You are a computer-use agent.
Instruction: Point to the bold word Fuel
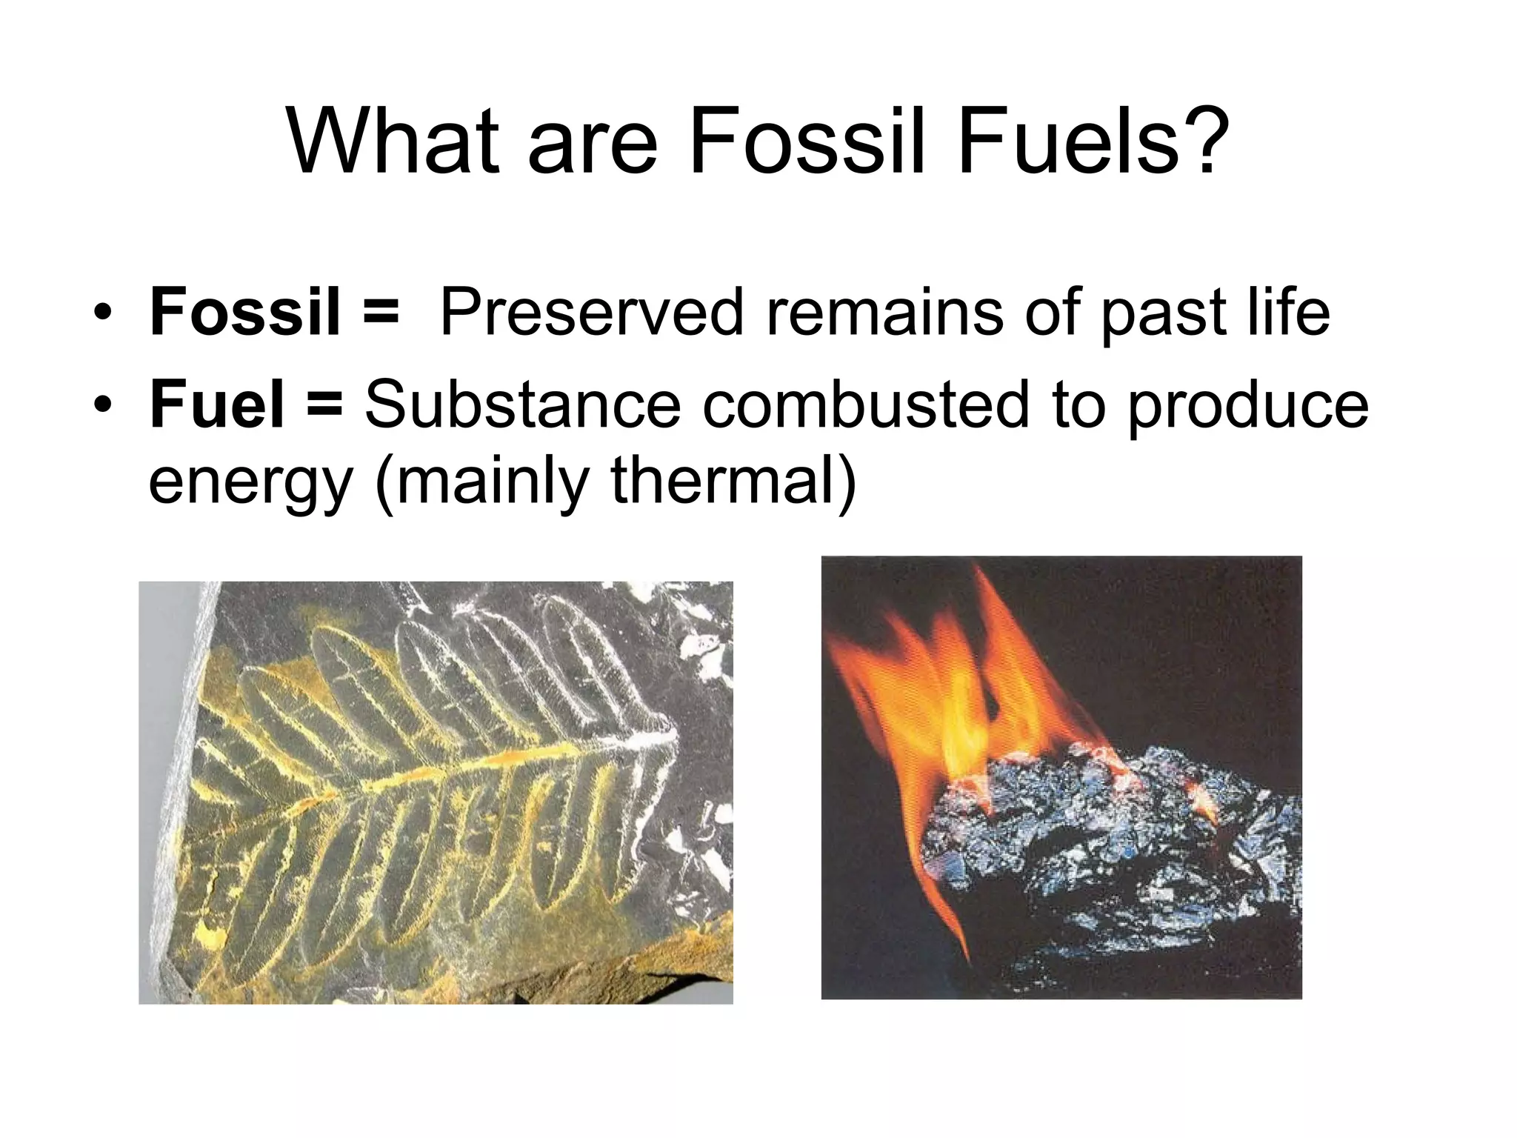[x=216, y=405]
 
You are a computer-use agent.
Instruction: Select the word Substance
[x=522, y=405]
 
